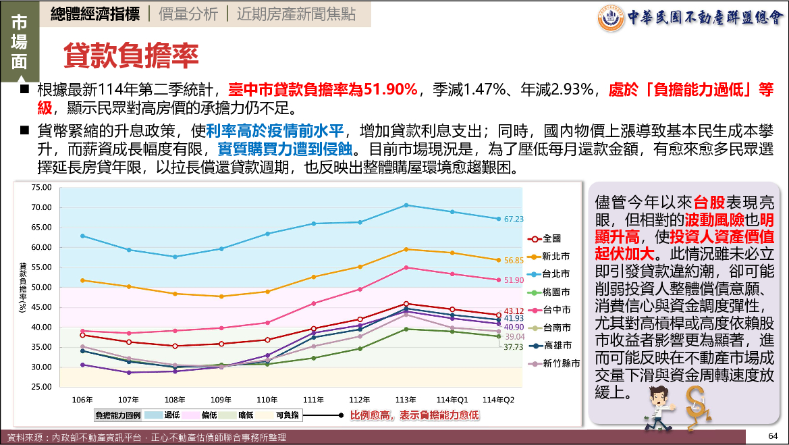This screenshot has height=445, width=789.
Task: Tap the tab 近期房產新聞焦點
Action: pos(296,14)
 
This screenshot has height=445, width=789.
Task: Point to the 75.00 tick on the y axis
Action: pos(42,187)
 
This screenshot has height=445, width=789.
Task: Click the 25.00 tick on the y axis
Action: pos(42,387)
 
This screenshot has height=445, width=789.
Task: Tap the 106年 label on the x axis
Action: pos(82,399)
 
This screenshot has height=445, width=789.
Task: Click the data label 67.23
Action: pos(514,219)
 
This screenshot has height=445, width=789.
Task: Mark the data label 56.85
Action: pos(514,261)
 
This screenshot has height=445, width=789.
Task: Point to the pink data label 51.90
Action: pos(514,280)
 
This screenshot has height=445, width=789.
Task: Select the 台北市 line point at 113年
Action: pos(406,205)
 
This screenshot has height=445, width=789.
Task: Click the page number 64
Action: pos(773,435)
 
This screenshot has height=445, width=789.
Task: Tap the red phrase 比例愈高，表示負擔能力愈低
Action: pos(414,415)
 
